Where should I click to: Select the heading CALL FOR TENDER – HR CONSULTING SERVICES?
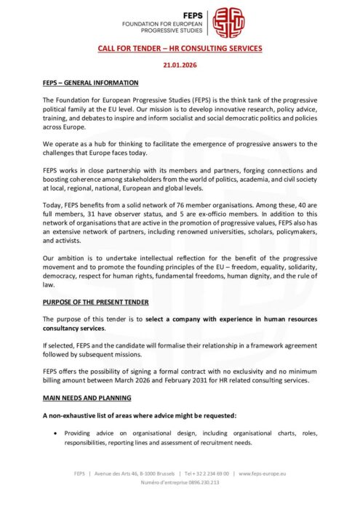coord(180,49)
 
